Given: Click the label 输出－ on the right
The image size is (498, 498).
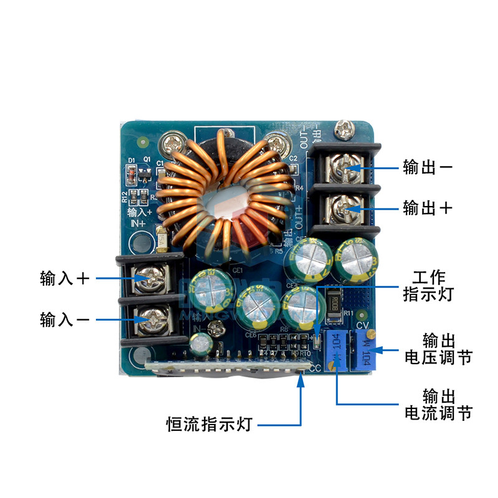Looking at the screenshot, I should pyautogui.click(x=428, y=167).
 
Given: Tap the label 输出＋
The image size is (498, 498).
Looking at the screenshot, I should pyautogui.click(x=428, y=207).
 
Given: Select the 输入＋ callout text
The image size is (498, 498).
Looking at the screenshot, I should pyautogui.click(x=65, y=278).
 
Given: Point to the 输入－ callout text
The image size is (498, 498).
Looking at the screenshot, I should pyautogui.click(x=65, y=319).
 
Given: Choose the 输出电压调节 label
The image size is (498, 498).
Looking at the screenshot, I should pyautogui.click(x=438, y=349).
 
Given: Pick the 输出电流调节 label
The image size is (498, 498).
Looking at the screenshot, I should pyautogui.click(x=438, y=404).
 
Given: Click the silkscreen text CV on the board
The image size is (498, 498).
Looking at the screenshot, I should pyautogui.click(x=364, y=326).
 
